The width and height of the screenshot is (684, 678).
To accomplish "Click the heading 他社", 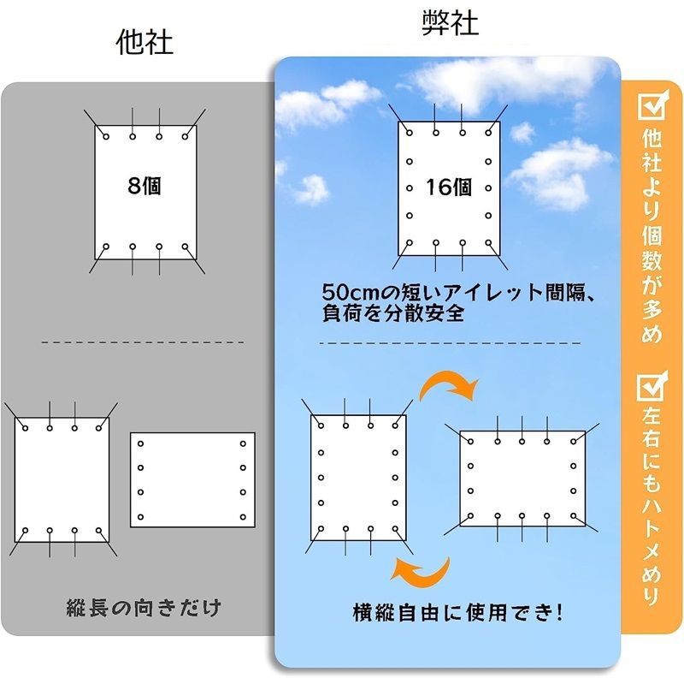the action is click(x=144, y=43).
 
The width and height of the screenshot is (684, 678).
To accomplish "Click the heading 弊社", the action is click(x=451, y=23).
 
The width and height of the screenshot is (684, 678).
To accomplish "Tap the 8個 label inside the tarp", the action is click(x=144, y=186).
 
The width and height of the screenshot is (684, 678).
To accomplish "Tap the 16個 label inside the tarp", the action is click(x=448, y=187).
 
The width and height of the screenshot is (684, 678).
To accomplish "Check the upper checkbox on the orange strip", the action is click(x=652, y=105).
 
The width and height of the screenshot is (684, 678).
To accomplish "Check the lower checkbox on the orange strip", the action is click(x=652, y=386).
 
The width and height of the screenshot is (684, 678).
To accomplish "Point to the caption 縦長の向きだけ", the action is click(x=144, y=608).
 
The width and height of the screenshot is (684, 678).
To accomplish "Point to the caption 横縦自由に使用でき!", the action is click(x=457, y=612).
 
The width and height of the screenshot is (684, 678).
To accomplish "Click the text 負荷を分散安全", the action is click(x=393, y=313).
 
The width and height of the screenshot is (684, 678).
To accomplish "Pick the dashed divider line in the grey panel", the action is click(x=143, y=342).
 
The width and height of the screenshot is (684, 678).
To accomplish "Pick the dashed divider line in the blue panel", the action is click(x=450, y=343).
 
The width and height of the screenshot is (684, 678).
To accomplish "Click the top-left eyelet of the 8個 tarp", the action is click(x=106, y=137).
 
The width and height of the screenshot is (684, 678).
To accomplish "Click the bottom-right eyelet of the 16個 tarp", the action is click(x=488, y=243).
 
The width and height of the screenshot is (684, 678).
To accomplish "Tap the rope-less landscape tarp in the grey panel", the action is click(x=193, y=480).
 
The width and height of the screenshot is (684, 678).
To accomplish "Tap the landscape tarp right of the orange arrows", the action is click(x=522, y=479).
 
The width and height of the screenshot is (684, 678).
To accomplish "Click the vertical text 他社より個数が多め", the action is click(x=652, y=235).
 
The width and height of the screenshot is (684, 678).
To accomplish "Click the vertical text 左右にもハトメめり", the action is click(x=652, y=506).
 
